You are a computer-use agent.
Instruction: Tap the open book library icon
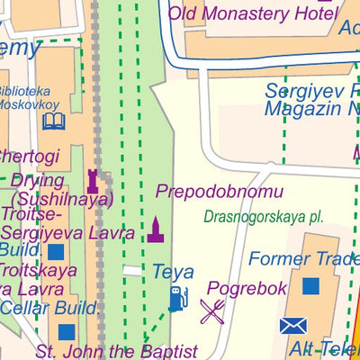click(54, 121)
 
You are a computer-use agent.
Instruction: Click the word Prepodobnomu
click(220, 192)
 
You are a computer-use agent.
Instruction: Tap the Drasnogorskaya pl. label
click(263, 217)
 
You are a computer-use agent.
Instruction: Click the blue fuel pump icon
click(178, 298)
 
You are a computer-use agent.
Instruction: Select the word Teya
click(173, 271)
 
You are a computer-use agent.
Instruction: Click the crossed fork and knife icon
click(212, 311)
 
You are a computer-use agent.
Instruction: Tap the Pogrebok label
click(247, 289)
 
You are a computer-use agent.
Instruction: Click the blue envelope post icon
click(293, 326)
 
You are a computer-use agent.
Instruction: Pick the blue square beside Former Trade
click(310, 286)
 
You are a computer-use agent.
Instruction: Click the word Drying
click(37, 181)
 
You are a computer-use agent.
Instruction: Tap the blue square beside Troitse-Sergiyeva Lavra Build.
click(56, 251)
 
